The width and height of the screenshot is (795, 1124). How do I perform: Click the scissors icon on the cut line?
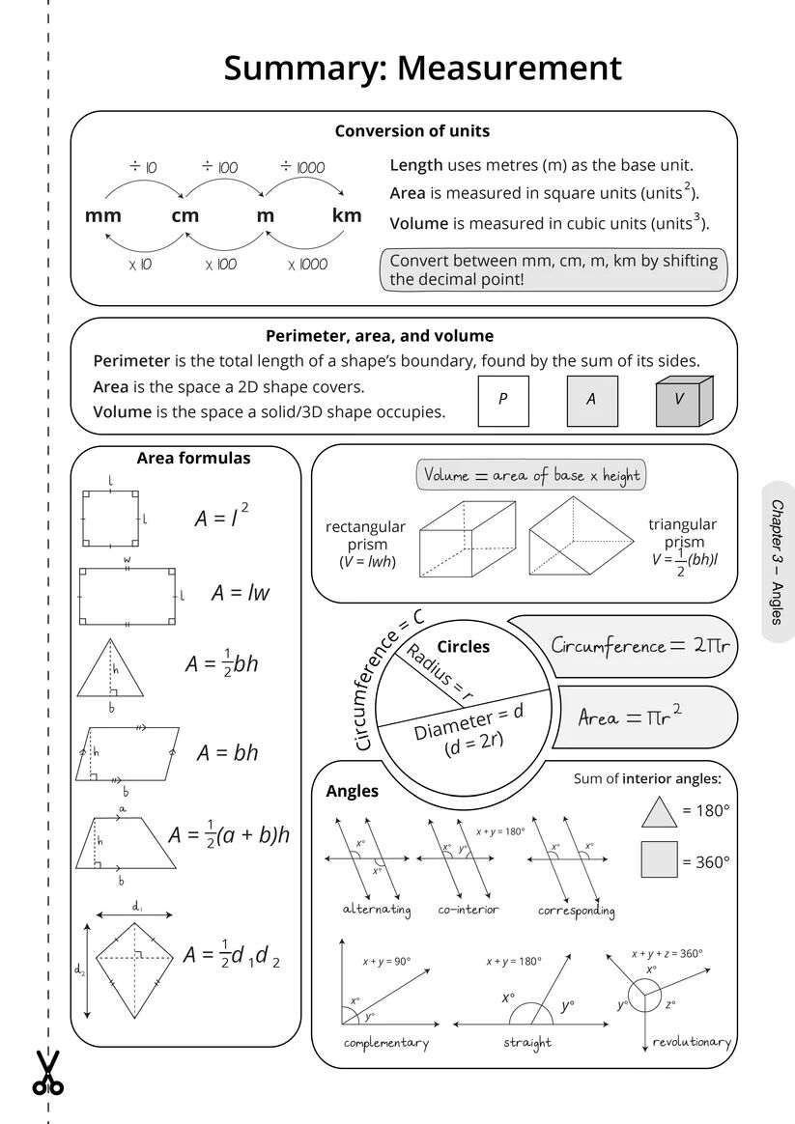click(x=47, y=1073)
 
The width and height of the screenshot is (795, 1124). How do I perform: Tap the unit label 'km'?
click(x=347, y=215)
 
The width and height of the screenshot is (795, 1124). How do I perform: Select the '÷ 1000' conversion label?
click(x=302, y=167)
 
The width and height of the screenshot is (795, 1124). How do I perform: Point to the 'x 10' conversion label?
click(x=140, y=265)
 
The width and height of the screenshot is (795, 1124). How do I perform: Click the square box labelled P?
click(x=503, y=400)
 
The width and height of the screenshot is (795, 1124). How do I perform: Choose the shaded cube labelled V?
click(x=683, y=400)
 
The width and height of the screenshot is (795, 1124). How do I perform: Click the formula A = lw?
click(x=241, y=593)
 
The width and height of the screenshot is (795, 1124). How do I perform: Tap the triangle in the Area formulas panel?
click(x=112, y=667)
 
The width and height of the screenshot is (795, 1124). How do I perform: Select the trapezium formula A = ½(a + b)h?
click(x=229, y=834)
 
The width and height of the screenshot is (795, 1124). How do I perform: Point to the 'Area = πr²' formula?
click(x=630, y=717)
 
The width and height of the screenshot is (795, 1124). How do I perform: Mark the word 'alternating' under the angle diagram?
click(x=377, y=910)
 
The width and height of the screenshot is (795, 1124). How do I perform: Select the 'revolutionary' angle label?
click(x=692, y=1042)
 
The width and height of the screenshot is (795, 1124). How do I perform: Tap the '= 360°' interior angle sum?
click(x=706, y=862)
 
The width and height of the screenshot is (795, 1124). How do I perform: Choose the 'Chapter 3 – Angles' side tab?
click(x=777, y=562)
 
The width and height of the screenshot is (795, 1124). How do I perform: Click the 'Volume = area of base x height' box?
click(x=531, y=475)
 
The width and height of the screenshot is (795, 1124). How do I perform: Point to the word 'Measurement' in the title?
click(x=509, y=69)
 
